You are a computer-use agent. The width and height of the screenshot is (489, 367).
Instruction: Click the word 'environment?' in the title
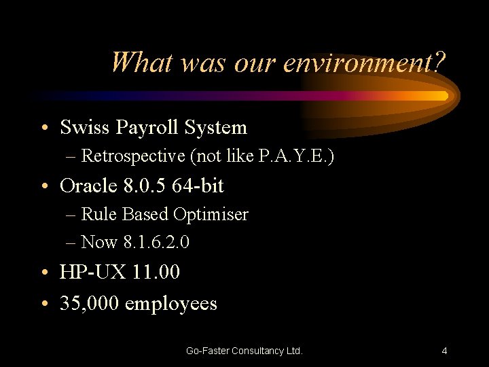click(364, 63)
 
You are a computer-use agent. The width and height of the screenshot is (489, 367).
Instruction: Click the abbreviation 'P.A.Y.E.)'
click(297, 156)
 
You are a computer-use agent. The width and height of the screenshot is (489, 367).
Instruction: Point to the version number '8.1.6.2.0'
click(153, 242)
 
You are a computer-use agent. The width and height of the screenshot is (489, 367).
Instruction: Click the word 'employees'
click(171, 304)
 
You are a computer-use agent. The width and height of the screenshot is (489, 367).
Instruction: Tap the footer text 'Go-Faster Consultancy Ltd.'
click(244, 351)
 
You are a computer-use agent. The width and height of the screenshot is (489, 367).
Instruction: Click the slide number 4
click(444, 351)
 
